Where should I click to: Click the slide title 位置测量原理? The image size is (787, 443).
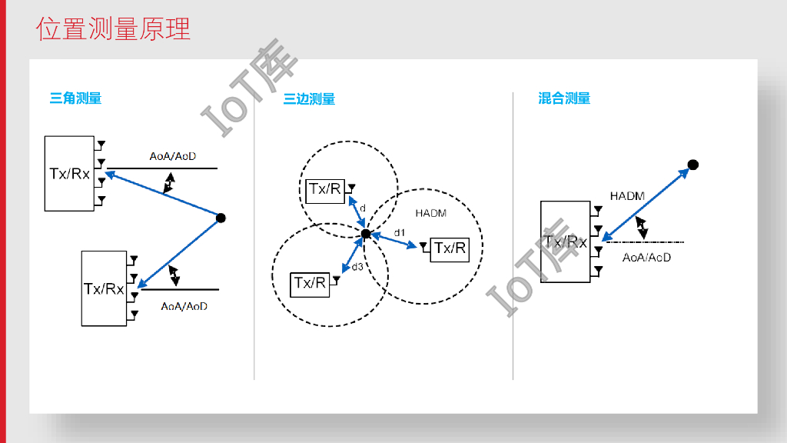(x=113, y=29)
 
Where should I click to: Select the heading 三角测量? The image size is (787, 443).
(x=75, y=98)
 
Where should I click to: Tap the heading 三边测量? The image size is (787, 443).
(x=309, y=99)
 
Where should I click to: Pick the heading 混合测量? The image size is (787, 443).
(x=564, y=98)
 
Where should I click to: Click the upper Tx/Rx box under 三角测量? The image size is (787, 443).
(x=69, y=174)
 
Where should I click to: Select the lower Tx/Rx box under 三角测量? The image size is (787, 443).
(x=104, y=288)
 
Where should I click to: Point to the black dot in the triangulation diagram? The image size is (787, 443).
(x=221, y=218)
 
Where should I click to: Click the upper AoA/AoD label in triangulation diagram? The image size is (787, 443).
(x=173, y=156)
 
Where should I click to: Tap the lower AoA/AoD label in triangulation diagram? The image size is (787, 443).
(x=184, y=306)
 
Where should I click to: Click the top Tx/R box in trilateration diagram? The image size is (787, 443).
(x=324, y=190)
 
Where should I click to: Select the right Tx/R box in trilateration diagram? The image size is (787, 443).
(x=450, y=248)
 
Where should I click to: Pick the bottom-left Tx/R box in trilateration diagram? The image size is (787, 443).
(x=310, y=283)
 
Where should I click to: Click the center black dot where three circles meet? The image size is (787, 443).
(x=366, y=233)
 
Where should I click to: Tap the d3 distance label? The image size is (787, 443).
(x=357, y=266)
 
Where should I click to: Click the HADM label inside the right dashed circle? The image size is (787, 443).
(x=430, y=213)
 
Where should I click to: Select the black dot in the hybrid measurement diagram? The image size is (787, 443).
(x=692, y=165)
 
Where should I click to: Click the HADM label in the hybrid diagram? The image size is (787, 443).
(x=627, y=196)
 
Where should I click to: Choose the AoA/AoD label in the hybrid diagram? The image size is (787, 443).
(x=646, y=257)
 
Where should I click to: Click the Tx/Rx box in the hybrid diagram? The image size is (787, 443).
(x=566, y=241)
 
